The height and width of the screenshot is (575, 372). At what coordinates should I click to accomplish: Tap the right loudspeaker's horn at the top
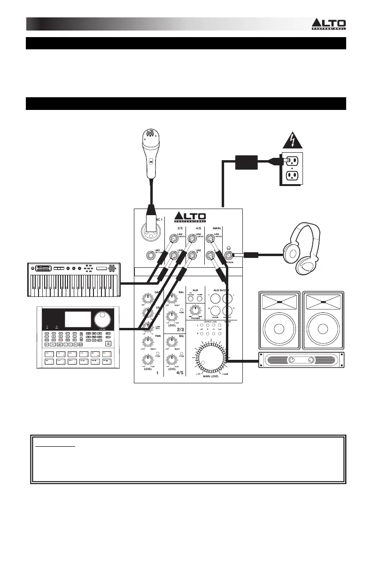tap(325, 301)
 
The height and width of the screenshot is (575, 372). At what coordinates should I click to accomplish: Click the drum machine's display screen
tap(77, 319)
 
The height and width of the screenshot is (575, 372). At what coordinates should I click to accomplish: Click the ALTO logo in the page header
tap(329, 24)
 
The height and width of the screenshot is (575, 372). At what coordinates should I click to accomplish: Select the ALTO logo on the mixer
tap(190, 217)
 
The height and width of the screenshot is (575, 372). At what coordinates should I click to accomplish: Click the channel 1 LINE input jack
tap(150, 256)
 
